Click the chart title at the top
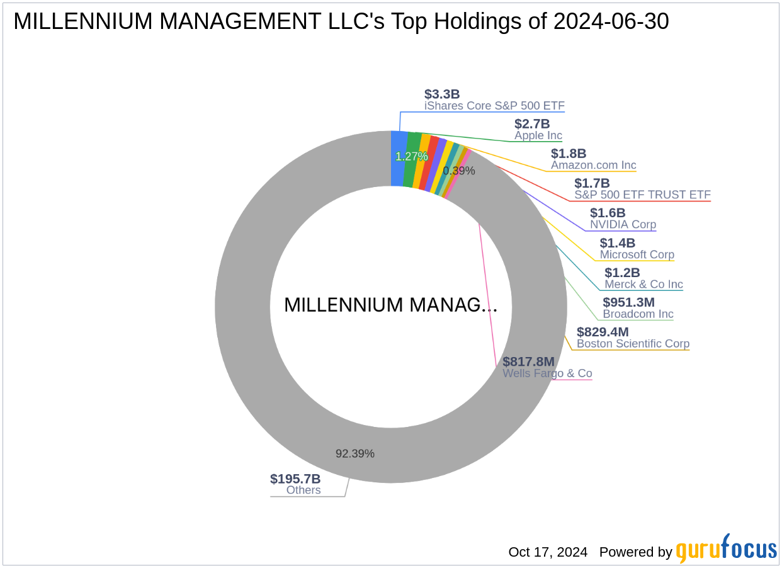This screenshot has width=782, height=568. pyautogui.click(x=341, y=22)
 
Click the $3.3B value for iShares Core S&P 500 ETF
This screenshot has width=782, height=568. pyautogui.click(x=442, y=94)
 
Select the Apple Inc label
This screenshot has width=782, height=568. pyautogui.click(x=538, y=135)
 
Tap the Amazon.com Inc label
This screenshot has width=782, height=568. pyautogui.click(x=593, y=165)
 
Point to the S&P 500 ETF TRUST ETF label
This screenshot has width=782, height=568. pyautogui.click(x=642, y=195)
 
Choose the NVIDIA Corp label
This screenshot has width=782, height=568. pyautogui.click(x=623, y=224)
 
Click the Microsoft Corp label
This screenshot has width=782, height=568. pyautogui.click(x=637, y=254)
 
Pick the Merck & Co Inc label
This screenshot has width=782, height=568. pyautogui.click(x=643, y=284)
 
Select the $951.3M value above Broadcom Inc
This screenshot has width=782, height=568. pyautogui.click(x=628, y=302)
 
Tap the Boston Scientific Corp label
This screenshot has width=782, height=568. pyautogui.click(x=633, y=344)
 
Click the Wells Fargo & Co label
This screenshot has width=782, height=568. pyautogui.click(x=547, y=373)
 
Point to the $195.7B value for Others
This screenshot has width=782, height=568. pyautogui.click(x=295, y=479)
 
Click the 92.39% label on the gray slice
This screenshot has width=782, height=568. pyautogui.click(x=354, y=453)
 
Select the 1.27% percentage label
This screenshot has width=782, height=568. pyautogui.click(x=411, y=156)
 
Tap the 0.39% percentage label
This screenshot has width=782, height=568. pyautogui.click(x=458, y=171)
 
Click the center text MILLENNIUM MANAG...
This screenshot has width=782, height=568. pyautogui.click(x=390, y=305)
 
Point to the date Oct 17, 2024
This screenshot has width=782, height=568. pyautogui.click(x=548, y=552)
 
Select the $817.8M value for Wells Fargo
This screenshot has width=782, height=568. pyautogui.click(x=528, y=361)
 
